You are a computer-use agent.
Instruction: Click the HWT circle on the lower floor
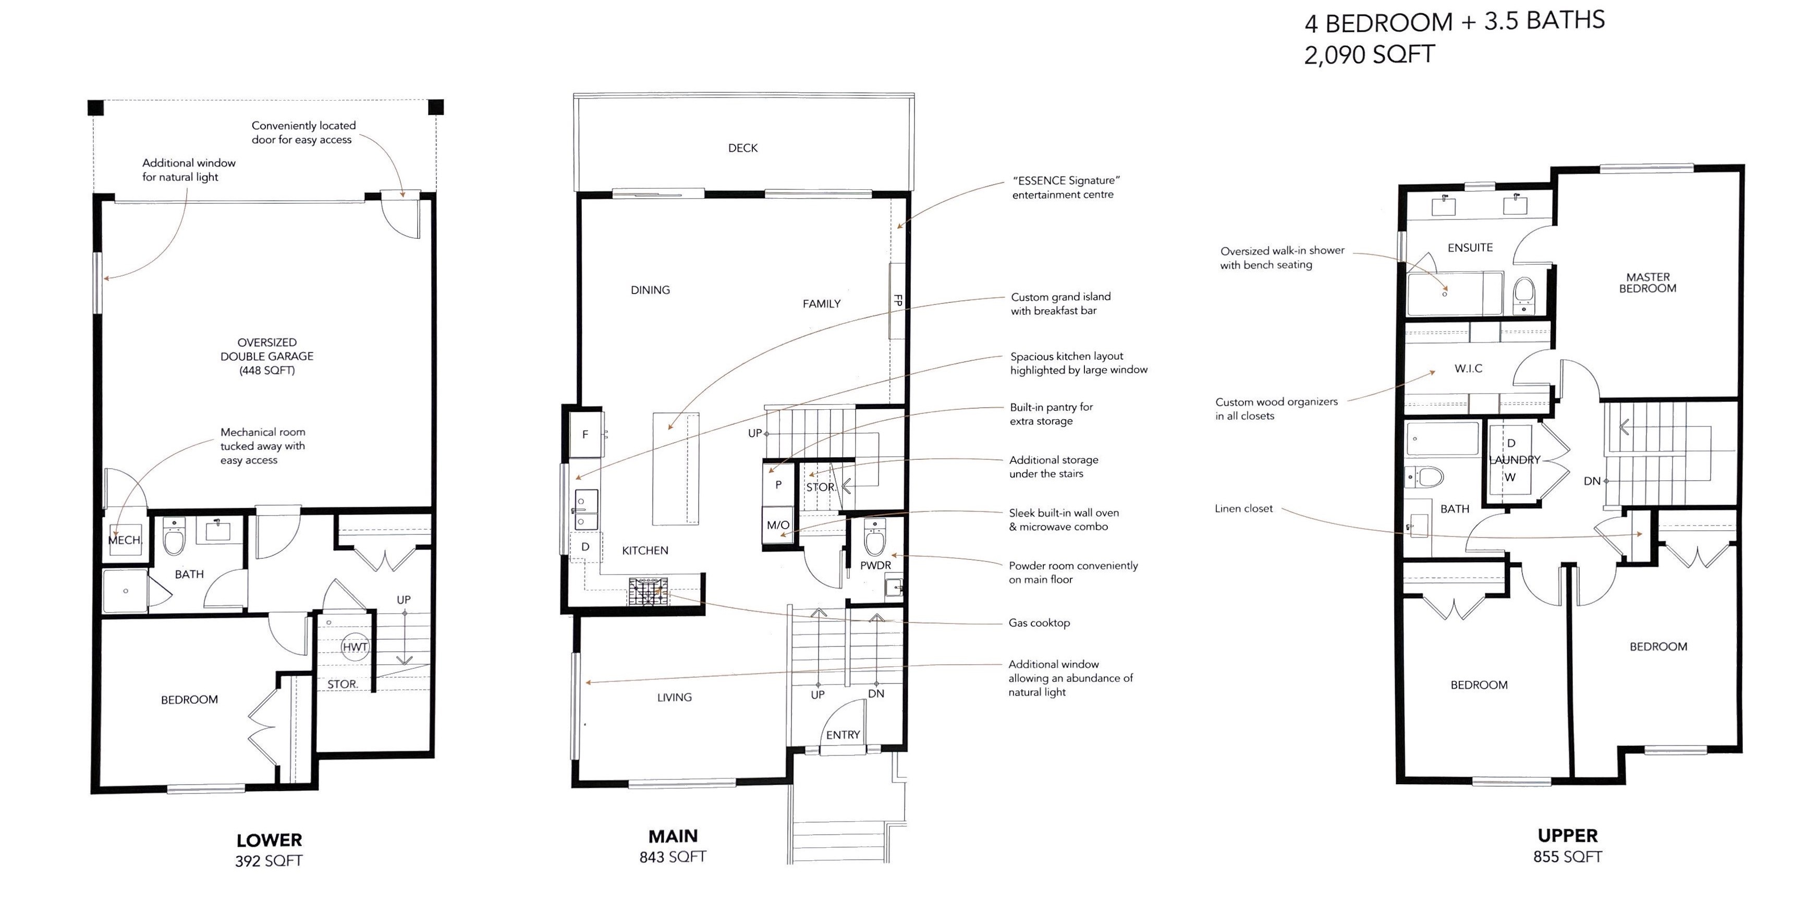coord(355,646)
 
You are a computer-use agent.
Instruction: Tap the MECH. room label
coord(125,540)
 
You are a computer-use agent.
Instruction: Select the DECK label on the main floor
coord(742,148)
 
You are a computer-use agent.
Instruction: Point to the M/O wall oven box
coord(778,524)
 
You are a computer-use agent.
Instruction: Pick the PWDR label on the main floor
coord(875,565)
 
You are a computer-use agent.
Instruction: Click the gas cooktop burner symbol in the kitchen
coord(649,591)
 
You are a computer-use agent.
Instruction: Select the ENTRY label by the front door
coord(843,735)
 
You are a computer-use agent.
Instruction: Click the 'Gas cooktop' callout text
coord(1039,623)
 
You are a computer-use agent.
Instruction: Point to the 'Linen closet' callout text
coord(1243,508)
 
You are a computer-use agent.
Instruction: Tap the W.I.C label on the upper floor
coord(1468,369)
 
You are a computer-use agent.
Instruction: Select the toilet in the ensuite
coord(1524,295)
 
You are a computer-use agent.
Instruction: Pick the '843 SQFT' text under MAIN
coord(673,857)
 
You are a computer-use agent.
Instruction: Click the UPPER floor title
coord(1567,836)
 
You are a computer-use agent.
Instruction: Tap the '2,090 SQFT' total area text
coord(1369,54)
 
